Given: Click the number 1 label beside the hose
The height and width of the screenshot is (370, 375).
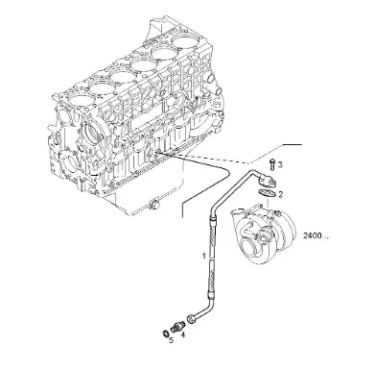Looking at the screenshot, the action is click(x=203, y=256).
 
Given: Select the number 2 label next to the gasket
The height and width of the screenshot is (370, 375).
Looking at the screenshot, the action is click(x=280, y=194).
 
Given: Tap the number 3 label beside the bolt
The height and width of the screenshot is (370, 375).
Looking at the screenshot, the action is click(x=280, y=164).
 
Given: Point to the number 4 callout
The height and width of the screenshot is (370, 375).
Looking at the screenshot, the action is click(x=183, y=334).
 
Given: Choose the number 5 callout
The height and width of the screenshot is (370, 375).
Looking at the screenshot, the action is click(x=171, y=340).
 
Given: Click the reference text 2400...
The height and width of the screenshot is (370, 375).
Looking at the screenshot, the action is click(x=316, y=236).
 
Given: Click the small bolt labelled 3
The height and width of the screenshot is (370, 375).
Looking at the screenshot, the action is click(x=272, y=164).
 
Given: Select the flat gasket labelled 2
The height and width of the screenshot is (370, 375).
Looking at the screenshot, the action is click(x=267, y=193).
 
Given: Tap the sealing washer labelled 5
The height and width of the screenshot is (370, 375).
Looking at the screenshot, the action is click(x=165, y=333).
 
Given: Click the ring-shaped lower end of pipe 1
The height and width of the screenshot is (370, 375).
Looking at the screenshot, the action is click(x=192, y=319).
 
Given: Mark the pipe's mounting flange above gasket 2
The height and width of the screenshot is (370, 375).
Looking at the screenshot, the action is click(x=267, y=181).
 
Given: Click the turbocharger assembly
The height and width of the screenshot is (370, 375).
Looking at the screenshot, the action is click(x=264, y=234).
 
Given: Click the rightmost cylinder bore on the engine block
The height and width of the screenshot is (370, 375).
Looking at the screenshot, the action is click(x=183, y=40).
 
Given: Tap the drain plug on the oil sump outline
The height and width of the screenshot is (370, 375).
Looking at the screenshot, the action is click(x=154, y=204).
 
